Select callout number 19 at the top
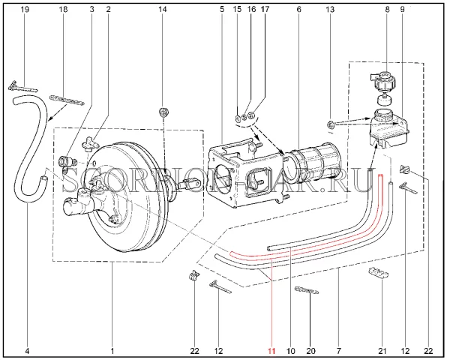pyautogui.click(x=25, y=9)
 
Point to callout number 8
pyautogui.click(x=387, y=9)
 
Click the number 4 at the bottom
pyautogui.click(x=28, y=350)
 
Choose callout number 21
pyautogui.click(x=381, y=350)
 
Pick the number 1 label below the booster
pyautogui.click(x=112, y=350)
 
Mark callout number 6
pyautogui.click(x=298, y=9)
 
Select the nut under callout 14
pyautogui.click(x=163, y=113)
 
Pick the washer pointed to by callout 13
pyautogui.click(x=330, y=122)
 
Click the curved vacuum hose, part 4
pyautogui.click(x=26, y=142)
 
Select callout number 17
pyautogui.click(x=264, y=9)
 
